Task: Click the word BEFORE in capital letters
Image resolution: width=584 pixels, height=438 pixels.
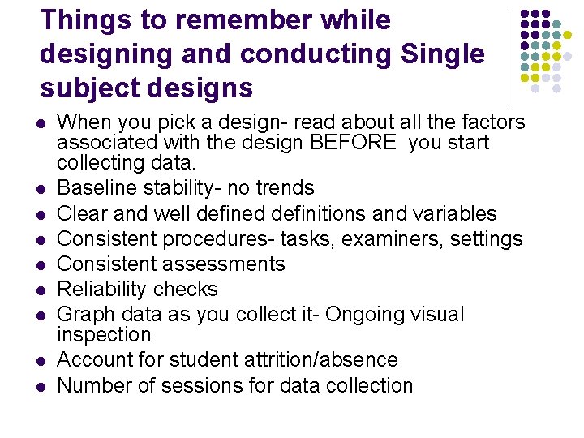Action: click(362, 143)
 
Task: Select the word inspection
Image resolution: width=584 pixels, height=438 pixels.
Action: click(104, 335)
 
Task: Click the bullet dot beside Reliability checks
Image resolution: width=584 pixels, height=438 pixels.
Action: click(41, 290)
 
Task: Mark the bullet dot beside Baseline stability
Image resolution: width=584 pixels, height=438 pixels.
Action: click(41, 189)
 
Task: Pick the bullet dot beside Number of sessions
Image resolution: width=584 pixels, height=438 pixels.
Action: click(41, 386)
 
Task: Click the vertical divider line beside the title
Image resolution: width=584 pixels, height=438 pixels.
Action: click(509, 57)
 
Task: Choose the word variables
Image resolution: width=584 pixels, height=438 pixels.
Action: click(455, 213)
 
